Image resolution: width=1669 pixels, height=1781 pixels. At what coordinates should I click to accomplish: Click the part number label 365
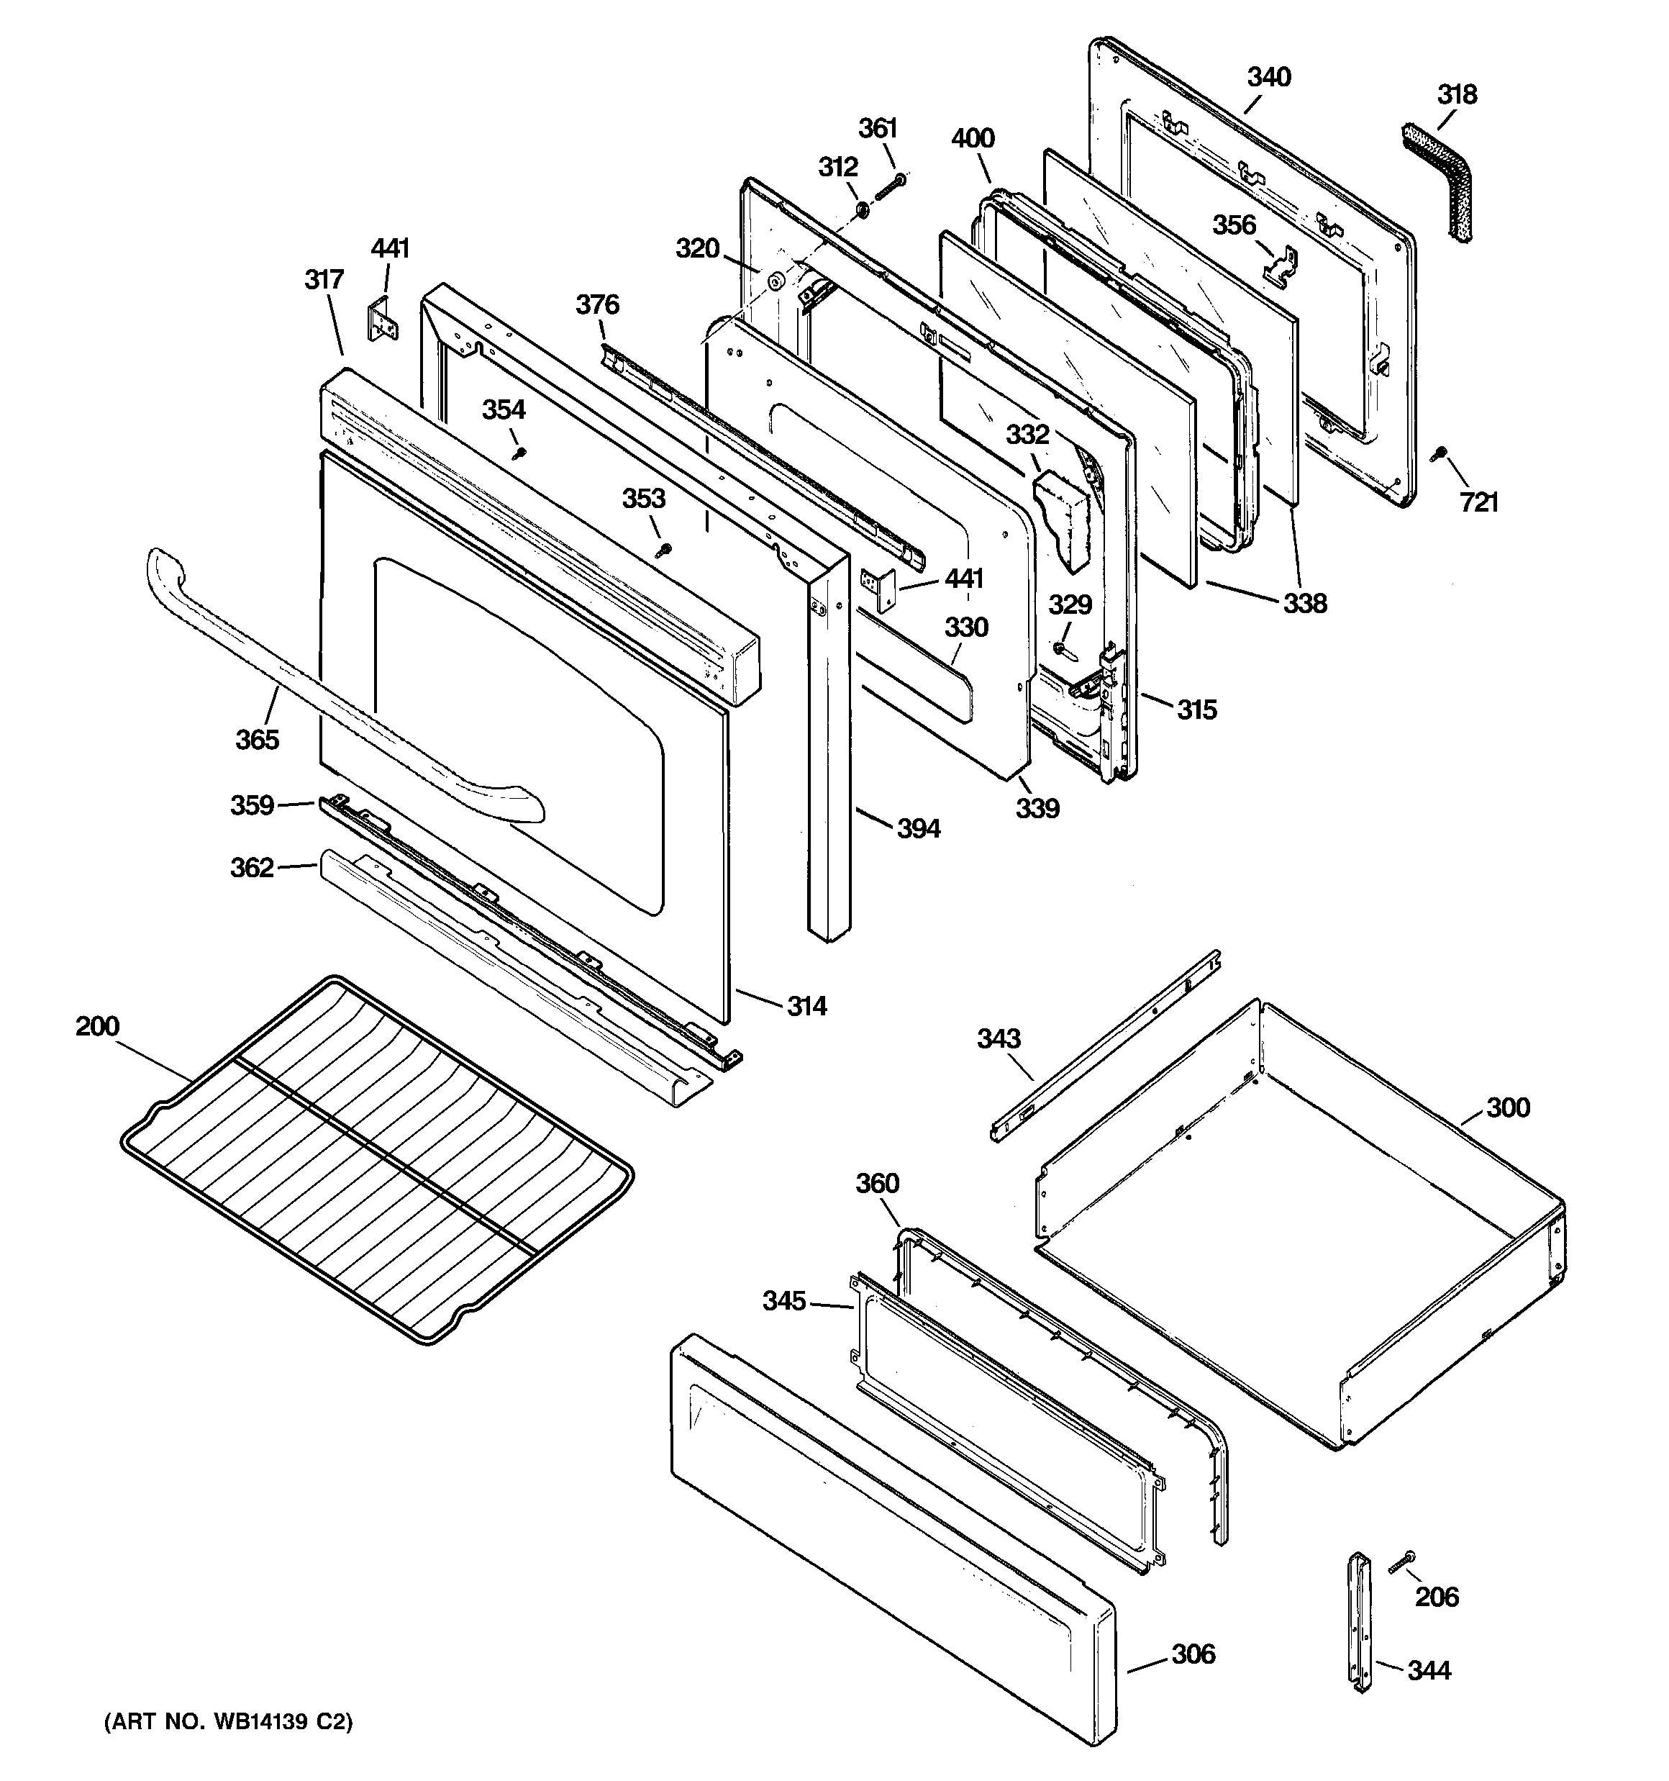pyautogui.click(x=257, y=740)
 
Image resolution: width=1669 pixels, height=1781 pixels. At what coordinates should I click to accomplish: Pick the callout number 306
pyautogui.click(x=1193, y=1654)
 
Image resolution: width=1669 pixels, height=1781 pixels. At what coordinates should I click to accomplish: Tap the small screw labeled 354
pyautogui.click(x=518, y=453)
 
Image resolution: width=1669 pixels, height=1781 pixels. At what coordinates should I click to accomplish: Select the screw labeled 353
pyautogui.click(x=664, y=549)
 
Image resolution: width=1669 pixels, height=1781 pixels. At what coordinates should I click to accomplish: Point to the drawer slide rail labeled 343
pyautogui.click(x=1106, y=1043)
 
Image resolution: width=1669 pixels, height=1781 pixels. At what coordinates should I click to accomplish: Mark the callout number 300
pyautogui.click(x=1508, y=1108)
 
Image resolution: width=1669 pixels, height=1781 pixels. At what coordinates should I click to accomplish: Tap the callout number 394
pyautogui.click(x=918, y=829)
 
